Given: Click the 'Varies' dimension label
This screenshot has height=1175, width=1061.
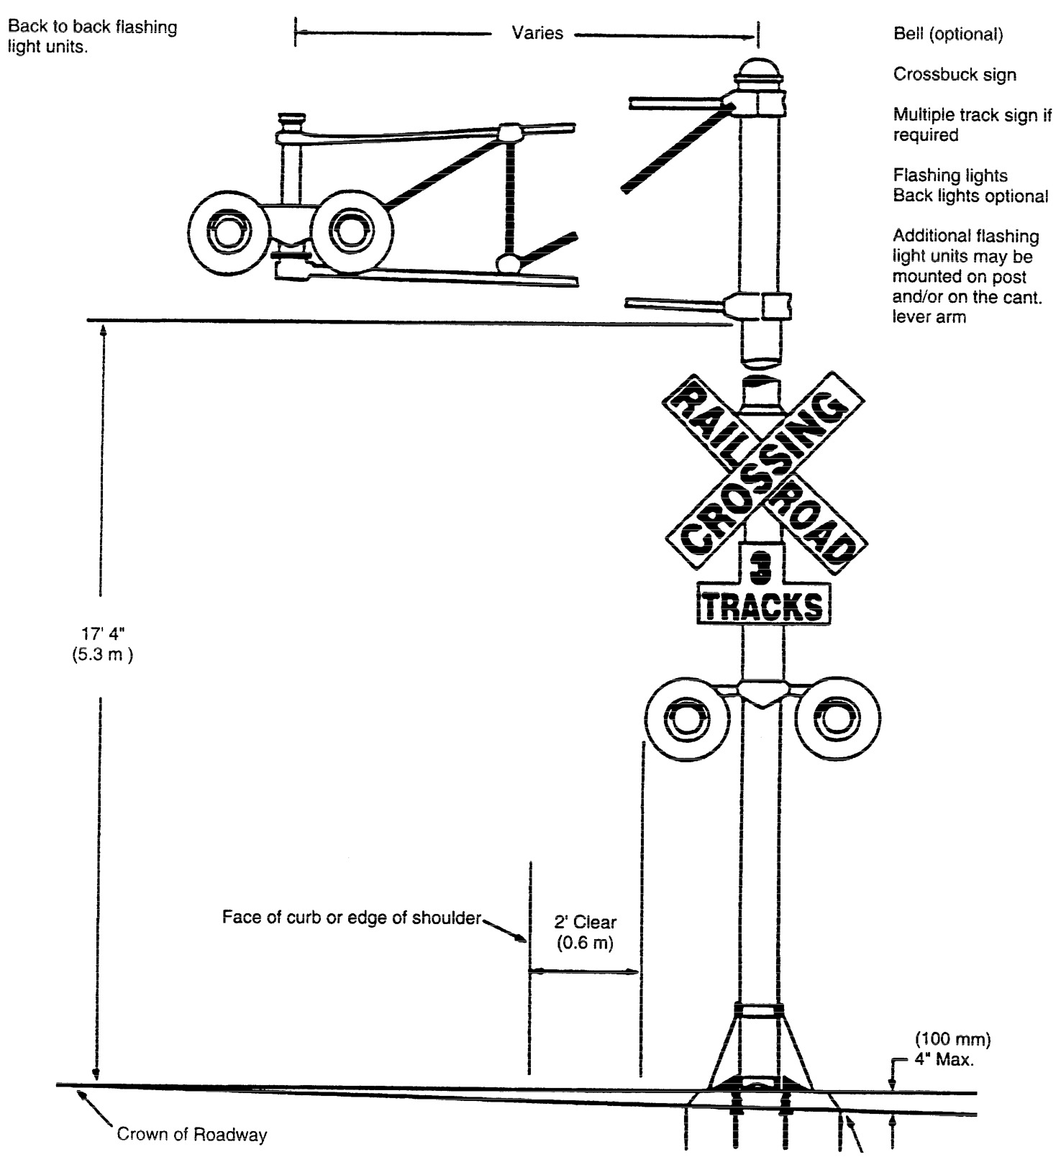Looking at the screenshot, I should (537, 33).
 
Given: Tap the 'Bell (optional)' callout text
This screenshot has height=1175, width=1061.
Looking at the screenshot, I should (947, 35).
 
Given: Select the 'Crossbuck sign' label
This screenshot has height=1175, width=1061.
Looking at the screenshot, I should (954, 75).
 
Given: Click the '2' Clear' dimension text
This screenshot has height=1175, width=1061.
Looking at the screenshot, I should (585, 923).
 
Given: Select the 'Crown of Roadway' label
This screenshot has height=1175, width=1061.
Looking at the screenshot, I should (191, 1135).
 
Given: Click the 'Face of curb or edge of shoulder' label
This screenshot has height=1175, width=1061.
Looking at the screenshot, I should (351, 918).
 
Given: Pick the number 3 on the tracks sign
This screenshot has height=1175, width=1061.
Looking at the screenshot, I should (760, 569).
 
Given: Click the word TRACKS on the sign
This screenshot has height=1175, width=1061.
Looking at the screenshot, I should (762, 607).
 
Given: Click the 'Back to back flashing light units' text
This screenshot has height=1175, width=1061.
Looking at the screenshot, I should (92, 37).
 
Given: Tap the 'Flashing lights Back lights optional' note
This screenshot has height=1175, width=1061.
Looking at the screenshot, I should (970, 186).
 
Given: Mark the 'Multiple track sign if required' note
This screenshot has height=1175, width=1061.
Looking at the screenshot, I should (971, 125).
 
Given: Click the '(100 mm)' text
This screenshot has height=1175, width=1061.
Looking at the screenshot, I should (952, 1039).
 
